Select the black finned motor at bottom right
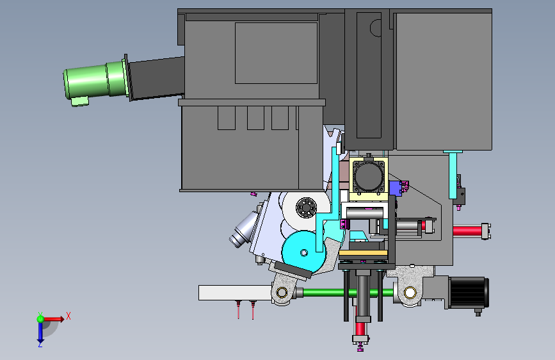click(469, 292)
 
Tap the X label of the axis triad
click(68, 316)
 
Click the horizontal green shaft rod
click(348, 293)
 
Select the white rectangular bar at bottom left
click(235, 293)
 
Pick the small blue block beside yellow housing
click(395, 188)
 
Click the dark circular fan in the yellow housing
click(369, 176)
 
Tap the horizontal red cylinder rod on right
click(467, 231)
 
